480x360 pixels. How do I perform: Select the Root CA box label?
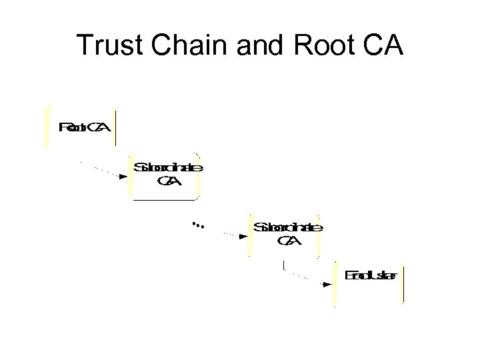84,127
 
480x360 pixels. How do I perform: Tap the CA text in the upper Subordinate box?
167,181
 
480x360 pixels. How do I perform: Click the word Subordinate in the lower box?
288,227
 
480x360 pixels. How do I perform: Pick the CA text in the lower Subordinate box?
288,241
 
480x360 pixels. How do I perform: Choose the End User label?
371,275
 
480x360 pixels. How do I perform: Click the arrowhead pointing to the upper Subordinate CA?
123,177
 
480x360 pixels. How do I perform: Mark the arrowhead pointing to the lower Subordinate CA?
243,235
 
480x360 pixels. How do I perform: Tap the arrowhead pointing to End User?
327,284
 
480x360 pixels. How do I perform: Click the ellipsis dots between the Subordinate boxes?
197,225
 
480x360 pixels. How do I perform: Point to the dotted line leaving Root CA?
100,169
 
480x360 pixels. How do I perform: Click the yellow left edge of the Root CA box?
46,127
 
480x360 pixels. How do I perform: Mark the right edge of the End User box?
403,283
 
